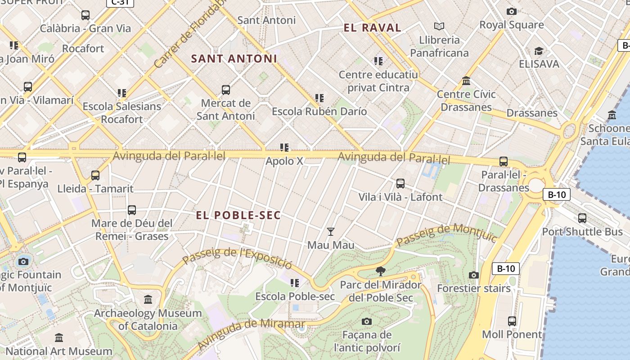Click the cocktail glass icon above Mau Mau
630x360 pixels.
[331, 232]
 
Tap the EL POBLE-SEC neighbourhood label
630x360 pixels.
[238, 216]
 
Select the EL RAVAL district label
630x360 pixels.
[372, 28]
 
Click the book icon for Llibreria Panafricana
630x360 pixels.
[439, 27]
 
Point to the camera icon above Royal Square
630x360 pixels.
[512, 11]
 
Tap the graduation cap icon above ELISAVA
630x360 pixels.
[539, 51]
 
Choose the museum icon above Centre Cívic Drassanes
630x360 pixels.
[466, 81]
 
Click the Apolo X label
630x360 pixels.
[284, 161]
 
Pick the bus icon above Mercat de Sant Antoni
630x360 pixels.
[226, 90]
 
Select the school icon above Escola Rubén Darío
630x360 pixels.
[319, 98]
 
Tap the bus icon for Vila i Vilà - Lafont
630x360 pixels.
[400, 184]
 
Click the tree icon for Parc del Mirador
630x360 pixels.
[381, 271]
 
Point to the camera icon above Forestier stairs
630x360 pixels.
[474, 275]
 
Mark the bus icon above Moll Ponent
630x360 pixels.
[512, 321]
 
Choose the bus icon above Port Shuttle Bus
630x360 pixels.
[582, 218]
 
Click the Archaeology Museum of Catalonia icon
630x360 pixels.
[148, 299]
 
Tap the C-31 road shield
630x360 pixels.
[120, 2]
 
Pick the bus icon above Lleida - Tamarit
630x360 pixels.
[95, 175]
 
